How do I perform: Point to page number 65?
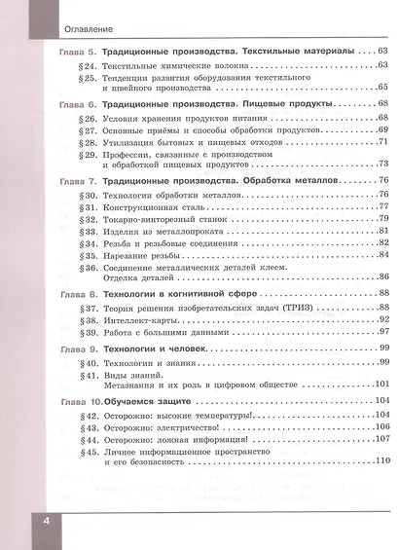(382, 87)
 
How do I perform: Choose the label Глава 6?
(70, 104)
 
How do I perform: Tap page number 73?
(382, 165)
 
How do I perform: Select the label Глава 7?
(70, 182)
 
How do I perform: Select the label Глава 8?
(70, 294)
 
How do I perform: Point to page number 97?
(382, 332)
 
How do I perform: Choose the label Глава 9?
(70, 348)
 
